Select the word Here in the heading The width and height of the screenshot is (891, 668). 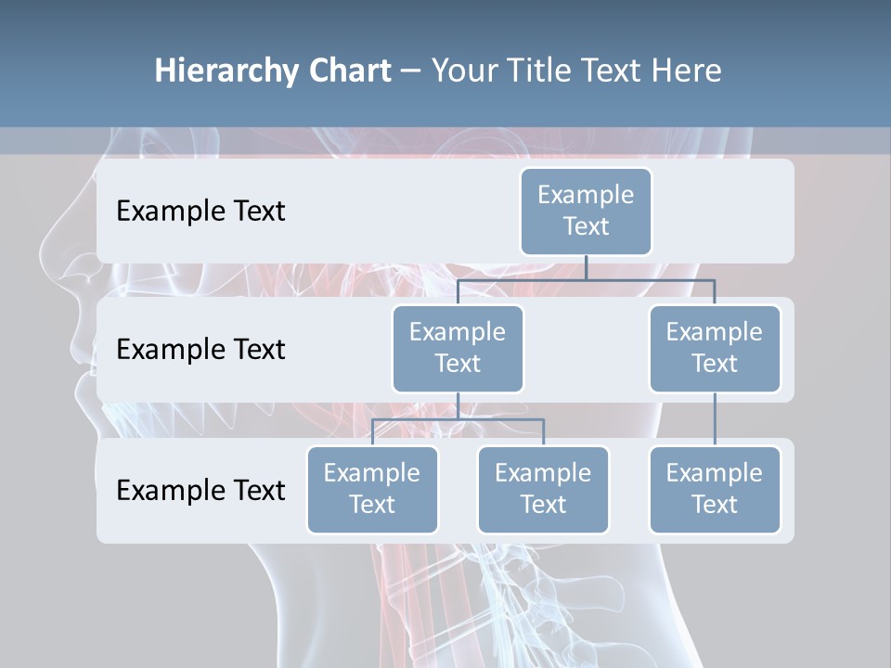[686, 71]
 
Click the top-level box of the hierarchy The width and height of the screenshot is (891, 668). [586, 211]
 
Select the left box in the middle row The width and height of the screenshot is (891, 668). [458, 348]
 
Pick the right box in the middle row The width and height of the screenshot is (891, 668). [715, 348]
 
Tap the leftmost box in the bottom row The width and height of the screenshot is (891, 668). [372, 489]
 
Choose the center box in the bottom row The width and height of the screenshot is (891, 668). [543, 489]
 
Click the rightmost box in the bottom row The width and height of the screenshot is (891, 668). [715, 489]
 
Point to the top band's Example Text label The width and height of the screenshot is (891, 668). [200, 212]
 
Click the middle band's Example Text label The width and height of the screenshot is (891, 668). [200, 350]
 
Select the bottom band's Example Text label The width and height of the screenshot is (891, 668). [200, 490]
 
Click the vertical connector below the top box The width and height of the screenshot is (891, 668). [586, 267]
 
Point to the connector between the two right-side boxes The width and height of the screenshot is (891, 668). [715, 419]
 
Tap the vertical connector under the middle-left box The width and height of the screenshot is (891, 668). [458, 405]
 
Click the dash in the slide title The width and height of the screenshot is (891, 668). [411, 71]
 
